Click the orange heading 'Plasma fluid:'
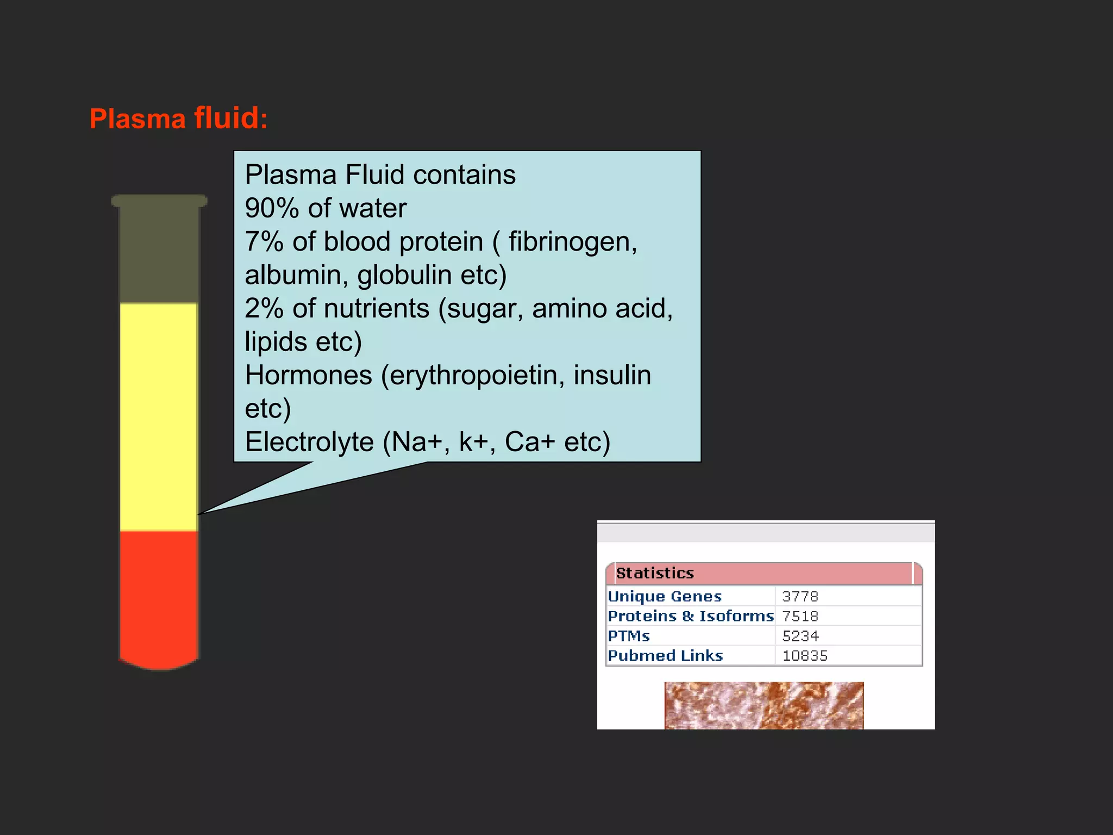178,119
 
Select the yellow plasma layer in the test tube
158,416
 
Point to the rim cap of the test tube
159,201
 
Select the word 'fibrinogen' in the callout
572,242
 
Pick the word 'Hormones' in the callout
308,375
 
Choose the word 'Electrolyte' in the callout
309,442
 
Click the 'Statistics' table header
655,574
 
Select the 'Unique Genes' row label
665,596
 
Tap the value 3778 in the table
800,596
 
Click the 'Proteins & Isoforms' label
690,616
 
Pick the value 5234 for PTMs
800,636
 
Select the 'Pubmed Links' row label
665,656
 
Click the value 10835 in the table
804,656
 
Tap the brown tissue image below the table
764,705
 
